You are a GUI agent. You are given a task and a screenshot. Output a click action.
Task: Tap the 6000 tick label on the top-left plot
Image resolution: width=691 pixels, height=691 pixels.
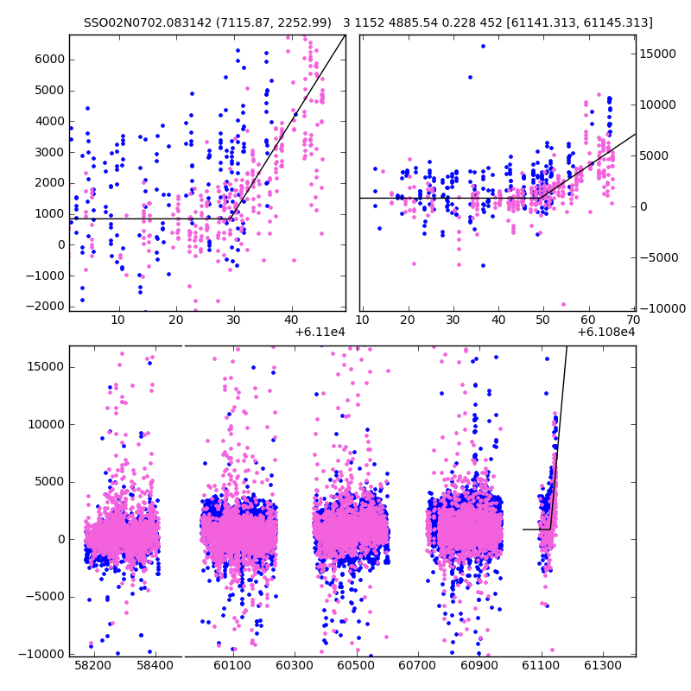pyautogui.click(x=50, y=59)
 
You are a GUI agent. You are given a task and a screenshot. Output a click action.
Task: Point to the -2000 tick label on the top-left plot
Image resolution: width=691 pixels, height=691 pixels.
pyautogui.click(x=48, y=307)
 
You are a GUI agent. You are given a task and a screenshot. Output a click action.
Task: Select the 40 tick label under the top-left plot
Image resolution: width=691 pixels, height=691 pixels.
pyautogui.click(x=291, y=320)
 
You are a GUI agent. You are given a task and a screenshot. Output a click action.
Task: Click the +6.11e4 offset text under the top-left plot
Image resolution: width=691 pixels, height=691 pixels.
pyautogui.click(x=319, y=333)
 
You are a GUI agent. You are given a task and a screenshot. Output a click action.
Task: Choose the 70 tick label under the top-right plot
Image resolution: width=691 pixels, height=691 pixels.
pyautogui.click(x=634, y=320)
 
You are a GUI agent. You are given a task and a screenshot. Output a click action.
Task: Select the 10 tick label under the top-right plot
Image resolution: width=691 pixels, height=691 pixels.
pyautogui.click(x=365, y=320)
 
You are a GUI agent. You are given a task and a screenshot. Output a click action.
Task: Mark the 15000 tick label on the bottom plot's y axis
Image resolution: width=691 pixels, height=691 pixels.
pyautogui.click(x=47, y=366)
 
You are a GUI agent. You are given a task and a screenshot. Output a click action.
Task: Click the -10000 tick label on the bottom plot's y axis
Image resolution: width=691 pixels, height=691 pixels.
pyautogui.click(x=44, y=654)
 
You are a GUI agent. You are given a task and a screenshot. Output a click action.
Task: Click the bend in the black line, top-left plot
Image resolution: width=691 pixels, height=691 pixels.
pyautogui.click(x=231, y=218)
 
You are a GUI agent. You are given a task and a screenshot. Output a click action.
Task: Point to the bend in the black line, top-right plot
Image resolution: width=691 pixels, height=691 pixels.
pyautogui.click(x=537, y=198)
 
